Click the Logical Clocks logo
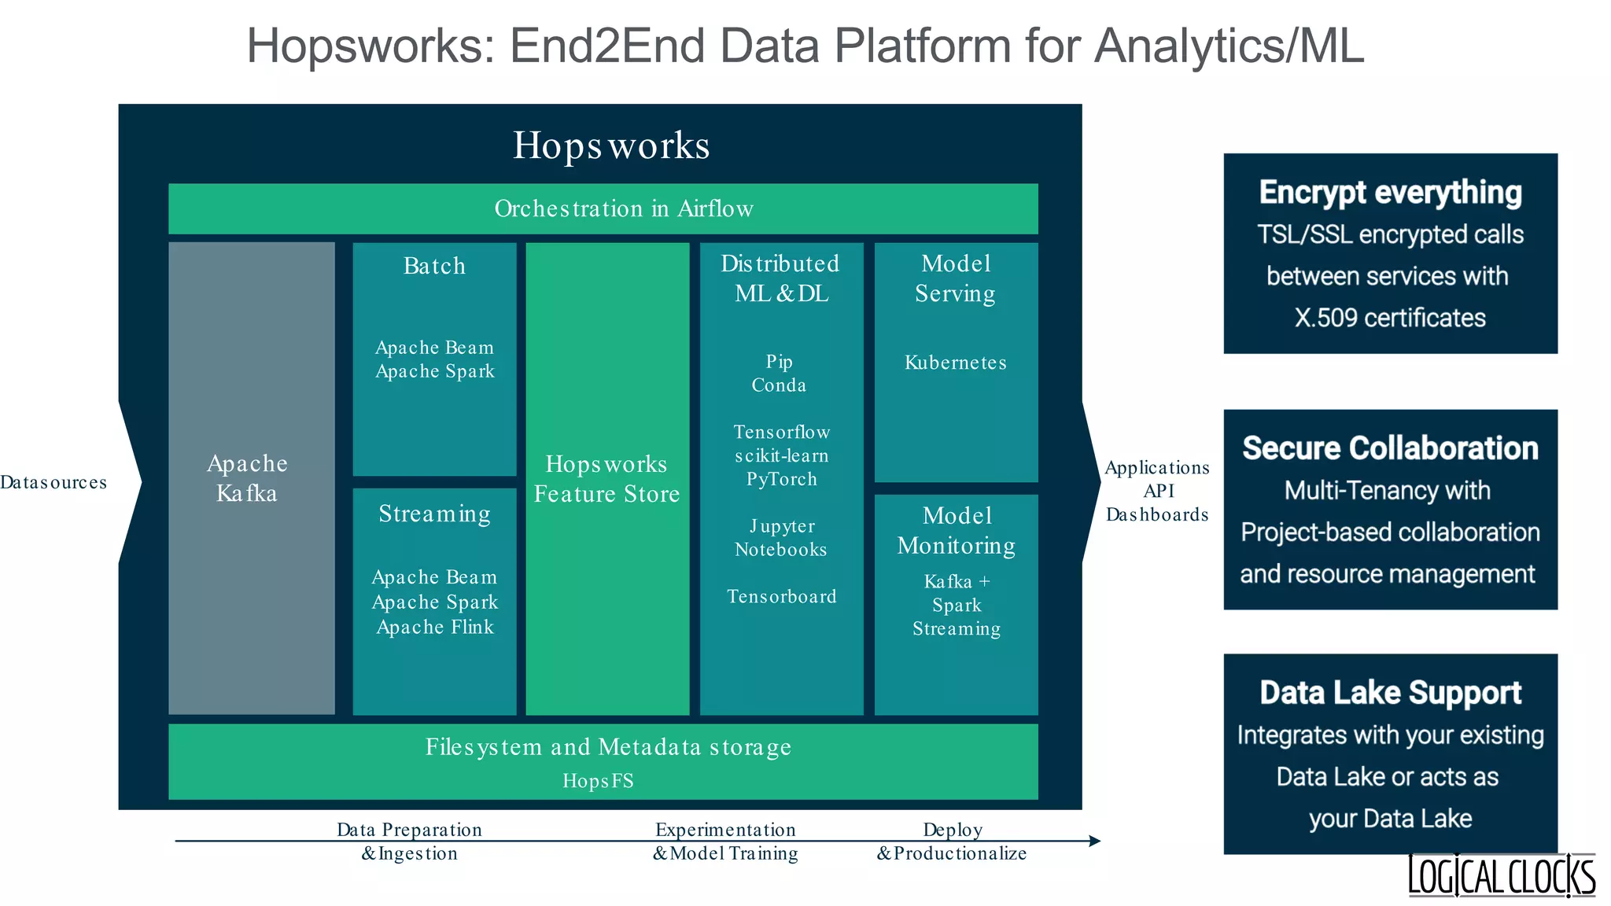[x=1501, y=875]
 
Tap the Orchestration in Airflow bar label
[x=623, y=208]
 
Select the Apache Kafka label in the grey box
[x=248, y=478]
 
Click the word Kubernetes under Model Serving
[x=955, y=363]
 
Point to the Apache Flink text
[x=435, y=627]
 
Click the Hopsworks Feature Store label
[x=606, y=479]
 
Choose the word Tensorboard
[x=781, y=596]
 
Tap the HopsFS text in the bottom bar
[x=598, y=780]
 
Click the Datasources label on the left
[x=53, y=482]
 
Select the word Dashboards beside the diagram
[x=1156, y=514]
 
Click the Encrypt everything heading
[x=1390, y=193]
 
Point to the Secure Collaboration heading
[x=1390, y=448]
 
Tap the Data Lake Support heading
[x=1390, y=693]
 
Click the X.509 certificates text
[x=1390, y=318]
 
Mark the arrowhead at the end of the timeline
[x=1095, y=841]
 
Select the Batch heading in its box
[x=434, y=266]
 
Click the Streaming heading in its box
[x=434, y=514]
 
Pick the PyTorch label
[x=781, y=479]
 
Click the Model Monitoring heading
[x=957, y=530]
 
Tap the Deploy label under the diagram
[x=953, y=830]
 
